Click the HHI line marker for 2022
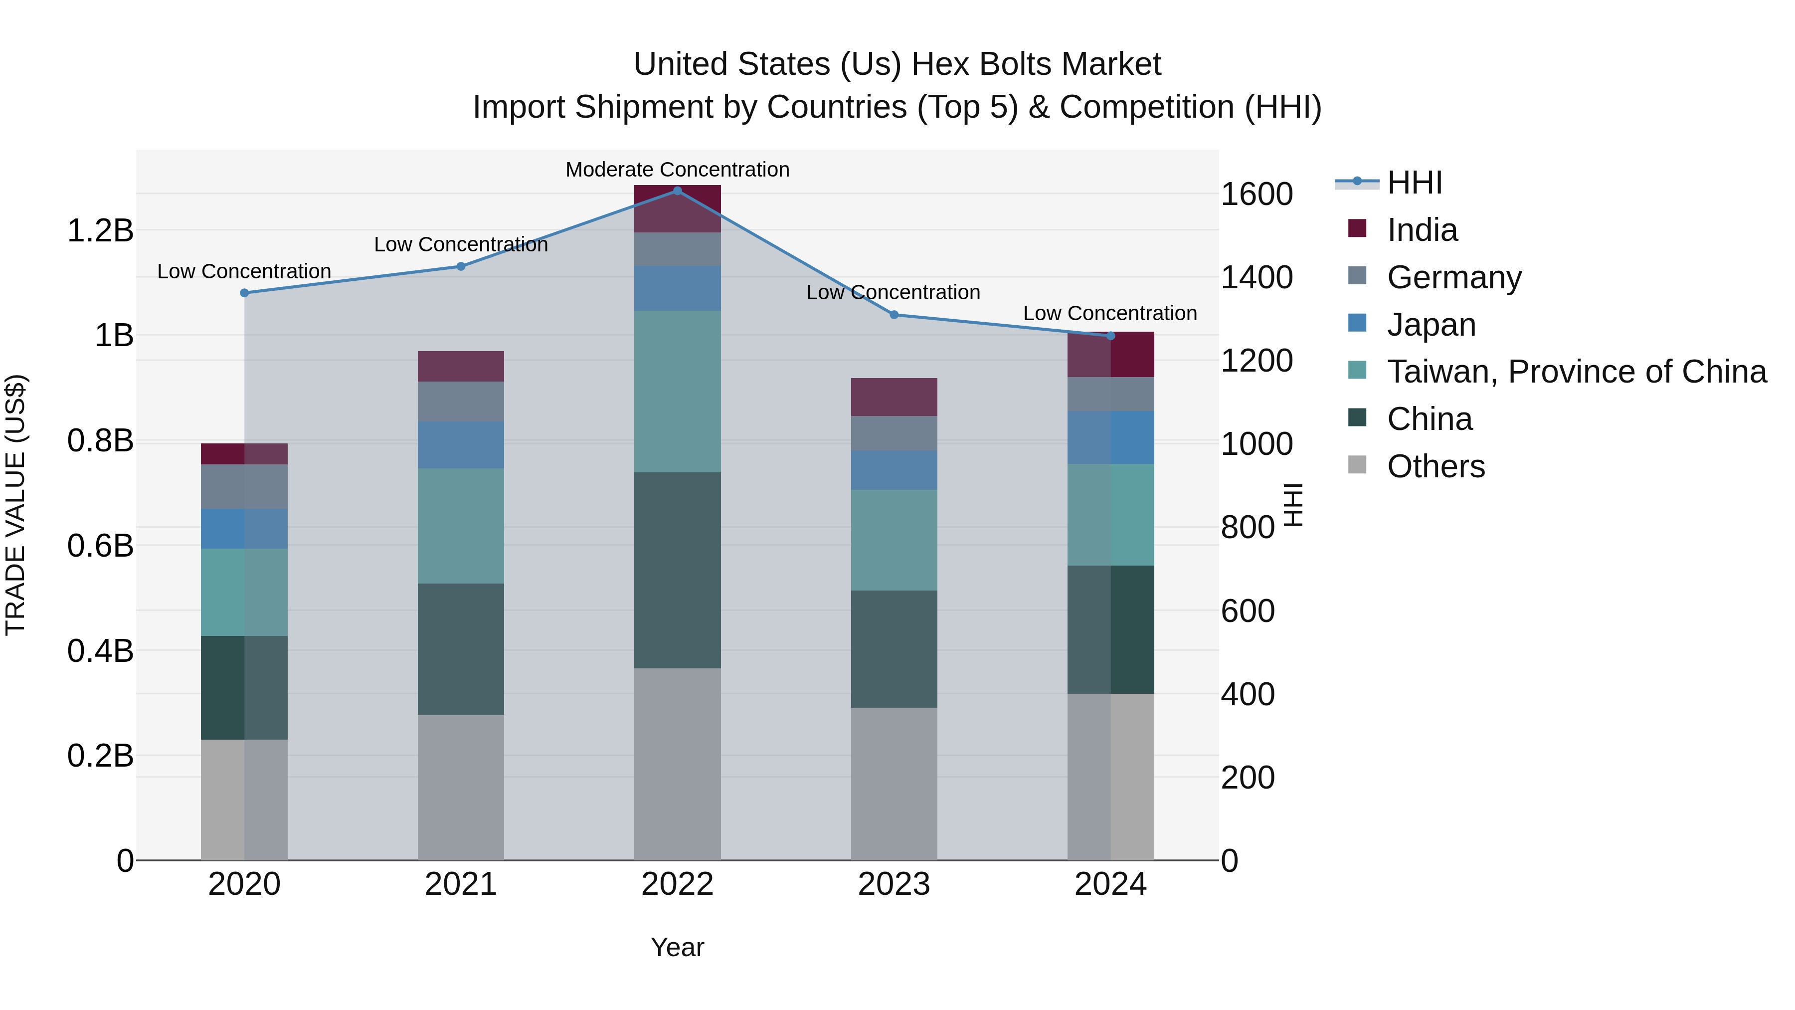click(x=677, y=191)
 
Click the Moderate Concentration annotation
click(x=677, y=170)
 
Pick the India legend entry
click(x=1422, y=230)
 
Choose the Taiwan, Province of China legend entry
click(x=1576, y=372)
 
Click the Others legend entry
click(x=1436, y=466)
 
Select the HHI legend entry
click(x=1415, y=183)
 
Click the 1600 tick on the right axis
click(x=1256, y=194)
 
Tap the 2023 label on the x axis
click(x=894, y=884)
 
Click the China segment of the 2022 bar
click(x=677, y=570)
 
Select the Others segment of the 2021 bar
click(x=461, y=787)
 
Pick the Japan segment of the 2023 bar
click(x=894, y=470)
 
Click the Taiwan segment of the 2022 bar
click(x=677, y=391)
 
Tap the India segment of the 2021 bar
click(x=461, y=366)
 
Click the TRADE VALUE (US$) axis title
click(x=15, y=505)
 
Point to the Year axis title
click(x=677, y=947)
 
